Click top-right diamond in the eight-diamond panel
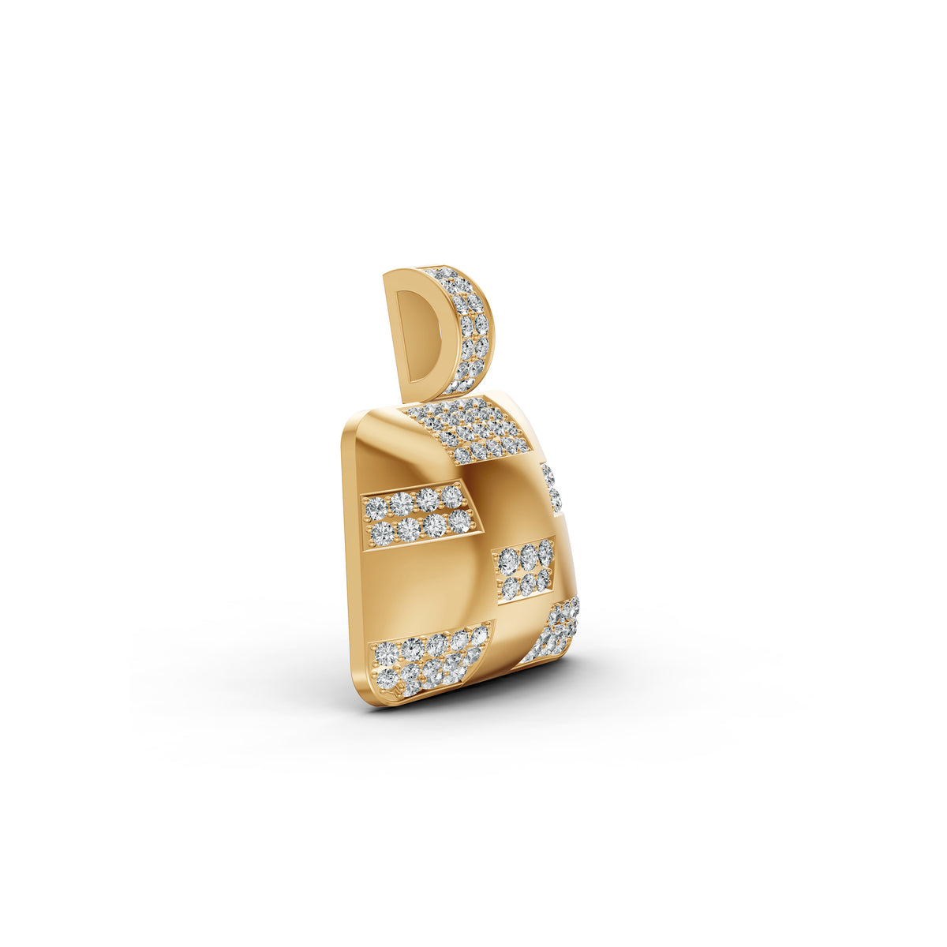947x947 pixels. (452, 496)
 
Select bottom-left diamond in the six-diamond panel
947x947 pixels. (510, 588)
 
